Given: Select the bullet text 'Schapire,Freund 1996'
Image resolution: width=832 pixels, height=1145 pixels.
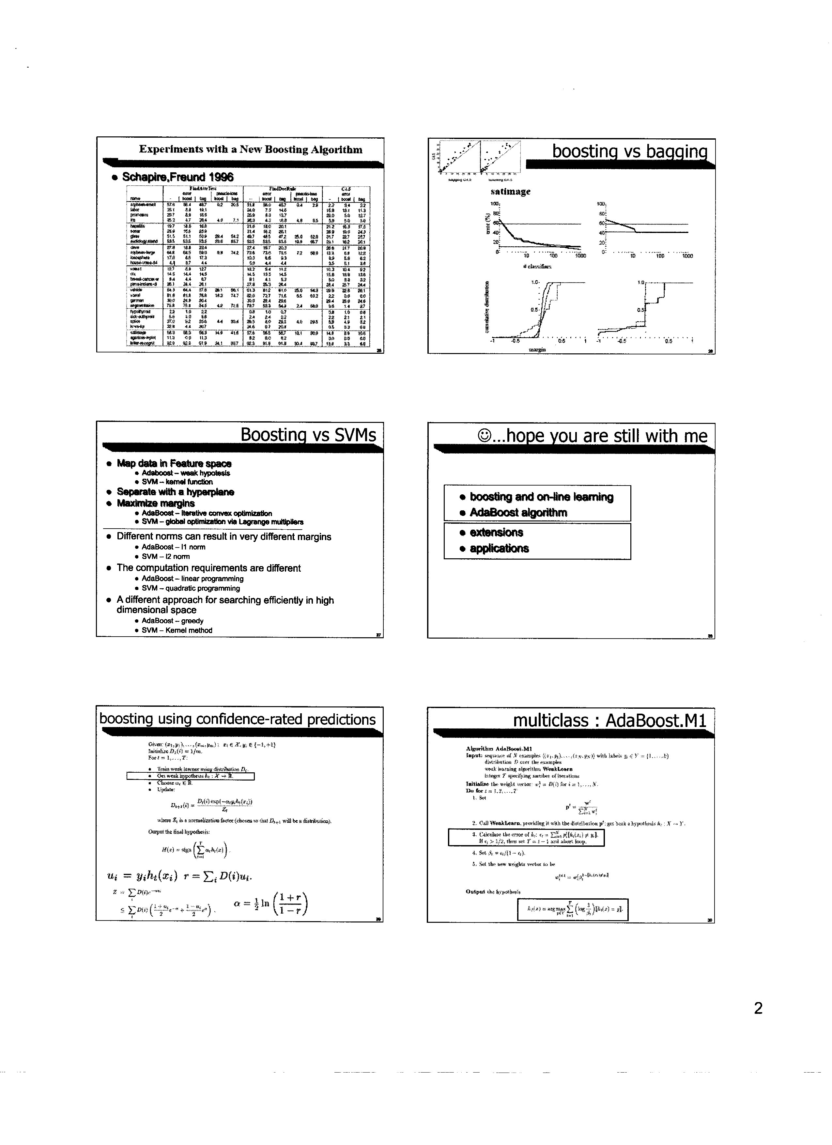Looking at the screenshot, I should pyautogui.click(x=178, y=177).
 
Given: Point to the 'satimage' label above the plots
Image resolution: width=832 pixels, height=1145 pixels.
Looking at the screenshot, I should pyautogui.click(x=510, y=192).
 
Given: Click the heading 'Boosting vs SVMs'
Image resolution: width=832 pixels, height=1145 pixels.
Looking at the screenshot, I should pyautogui.click(x=308, y=435).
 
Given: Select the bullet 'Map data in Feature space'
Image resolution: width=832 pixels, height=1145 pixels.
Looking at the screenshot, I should pyautogui.click(x=174, y=463).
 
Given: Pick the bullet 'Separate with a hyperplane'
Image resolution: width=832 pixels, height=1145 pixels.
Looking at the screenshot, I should pyautogui.click(x=175, y=492).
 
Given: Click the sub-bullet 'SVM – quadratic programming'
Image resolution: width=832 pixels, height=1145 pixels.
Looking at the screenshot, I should pyautogui.click(x=191, y=588).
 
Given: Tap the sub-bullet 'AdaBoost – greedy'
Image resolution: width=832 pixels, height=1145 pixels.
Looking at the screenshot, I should pyautogui.click(x=173, y=621).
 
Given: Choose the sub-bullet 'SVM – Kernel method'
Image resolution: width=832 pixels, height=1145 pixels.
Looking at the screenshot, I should pyautogui.click(x=177, y=630).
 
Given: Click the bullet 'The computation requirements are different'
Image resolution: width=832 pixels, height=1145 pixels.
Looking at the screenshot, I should pyautogui.click(x=208, y=568).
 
